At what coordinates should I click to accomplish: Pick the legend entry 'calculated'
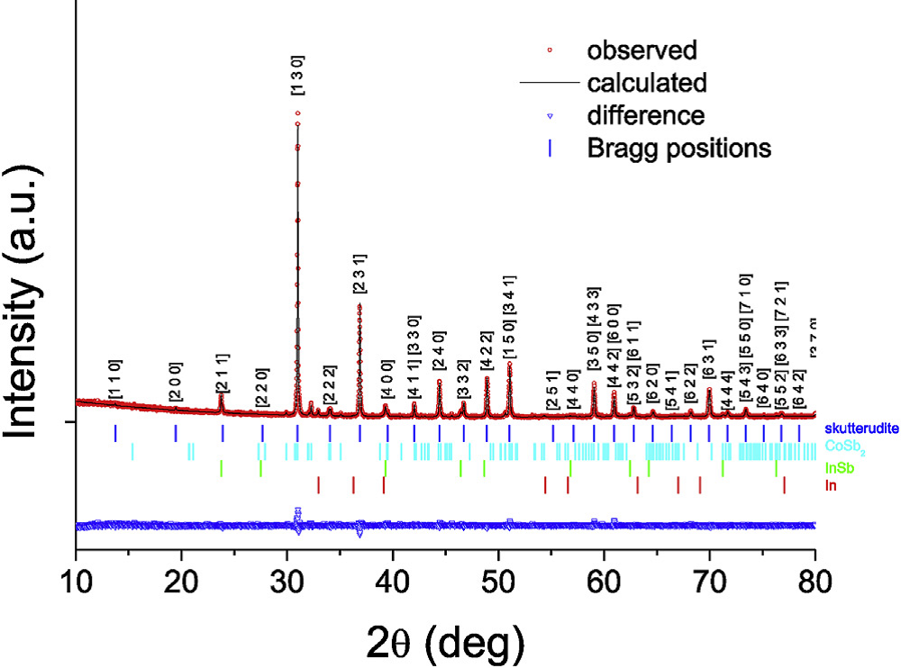(x=646, y=83)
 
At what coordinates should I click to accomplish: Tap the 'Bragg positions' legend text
(x=678, y=148)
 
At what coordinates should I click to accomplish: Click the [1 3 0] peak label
(x=297, y=76)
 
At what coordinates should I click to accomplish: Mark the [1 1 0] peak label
(x=114, y=379)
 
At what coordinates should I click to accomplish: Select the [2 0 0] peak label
(x=176, y=383)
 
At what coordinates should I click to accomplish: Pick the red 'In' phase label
(x=830, y=486)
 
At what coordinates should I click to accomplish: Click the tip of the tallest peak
(x=297, y=113)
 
